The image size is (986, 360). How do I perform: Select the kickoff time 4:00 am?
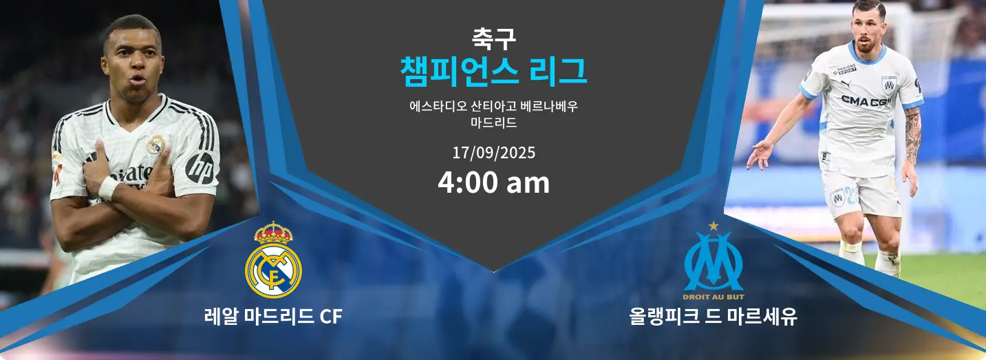click(x=493, y=182)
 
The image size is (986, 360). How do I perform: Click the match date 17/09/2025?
click(x=494, y=153)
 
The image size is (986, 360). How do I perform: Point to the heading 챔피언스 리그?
click(x=493, y=71)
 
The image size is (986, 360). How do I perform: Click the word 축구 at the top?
click(x=494, y=39)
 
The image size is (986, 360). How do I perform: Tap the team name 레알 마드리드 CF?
click(x=273, y=316)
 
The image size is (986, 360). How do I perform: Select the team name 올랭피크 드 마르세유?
click(x=713, y=316)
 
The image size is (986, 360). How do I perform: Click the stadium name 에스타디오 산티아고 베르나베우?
click(x=493, y=106)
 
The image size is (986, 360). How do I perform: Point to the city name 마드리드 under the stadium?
click(x=493, y=123)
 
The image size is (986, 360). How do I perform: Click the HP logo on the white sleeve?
click(x=202, y=169)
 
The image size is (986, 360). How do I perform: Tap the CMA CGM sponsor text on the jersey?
click(x=866, y=101)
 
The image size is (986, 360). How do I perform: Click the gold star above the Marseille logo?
click(x=714, y=226)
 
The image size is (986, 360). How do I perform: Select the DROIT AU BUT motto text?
click(x=714, y=297)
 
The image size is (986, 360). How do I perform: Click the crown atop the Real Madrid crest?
click(x=273, y=233)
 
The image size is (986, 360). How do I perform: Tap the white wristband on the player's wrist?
click(x=108, y=187)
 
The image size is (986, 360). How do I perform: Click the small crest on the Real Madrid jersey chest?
click(x=155, y=145)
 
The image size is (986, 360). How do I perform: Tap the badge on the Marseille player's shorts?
click(x=837, y=198)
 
